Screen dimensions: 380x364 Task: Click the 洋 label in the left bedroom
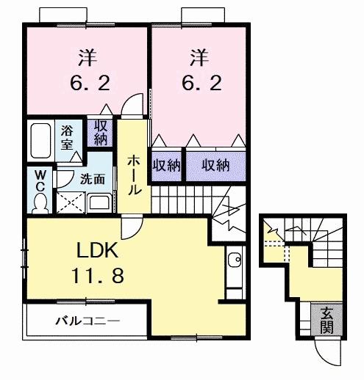pyautogui.click(x=88, y=55)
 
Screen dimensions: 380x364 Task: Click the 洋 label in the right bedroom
pyautogui.click(x=198, y=55)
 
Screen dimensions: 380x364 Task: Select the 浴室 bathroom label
pyautogui.click(x=68, y=137)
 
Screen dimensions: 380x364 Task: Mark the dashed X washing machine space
pyautogui.click(x=71, y=201)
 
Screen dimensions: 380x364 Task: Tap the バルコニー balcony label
pyautogui.click(x=88, y=321)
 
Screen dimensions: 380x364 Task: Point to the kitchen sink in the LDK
pyautogui.click(x=235, y=260)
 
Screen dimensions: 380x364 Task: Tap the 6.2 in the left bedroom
pyautogui.click(x=88, y=83)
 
